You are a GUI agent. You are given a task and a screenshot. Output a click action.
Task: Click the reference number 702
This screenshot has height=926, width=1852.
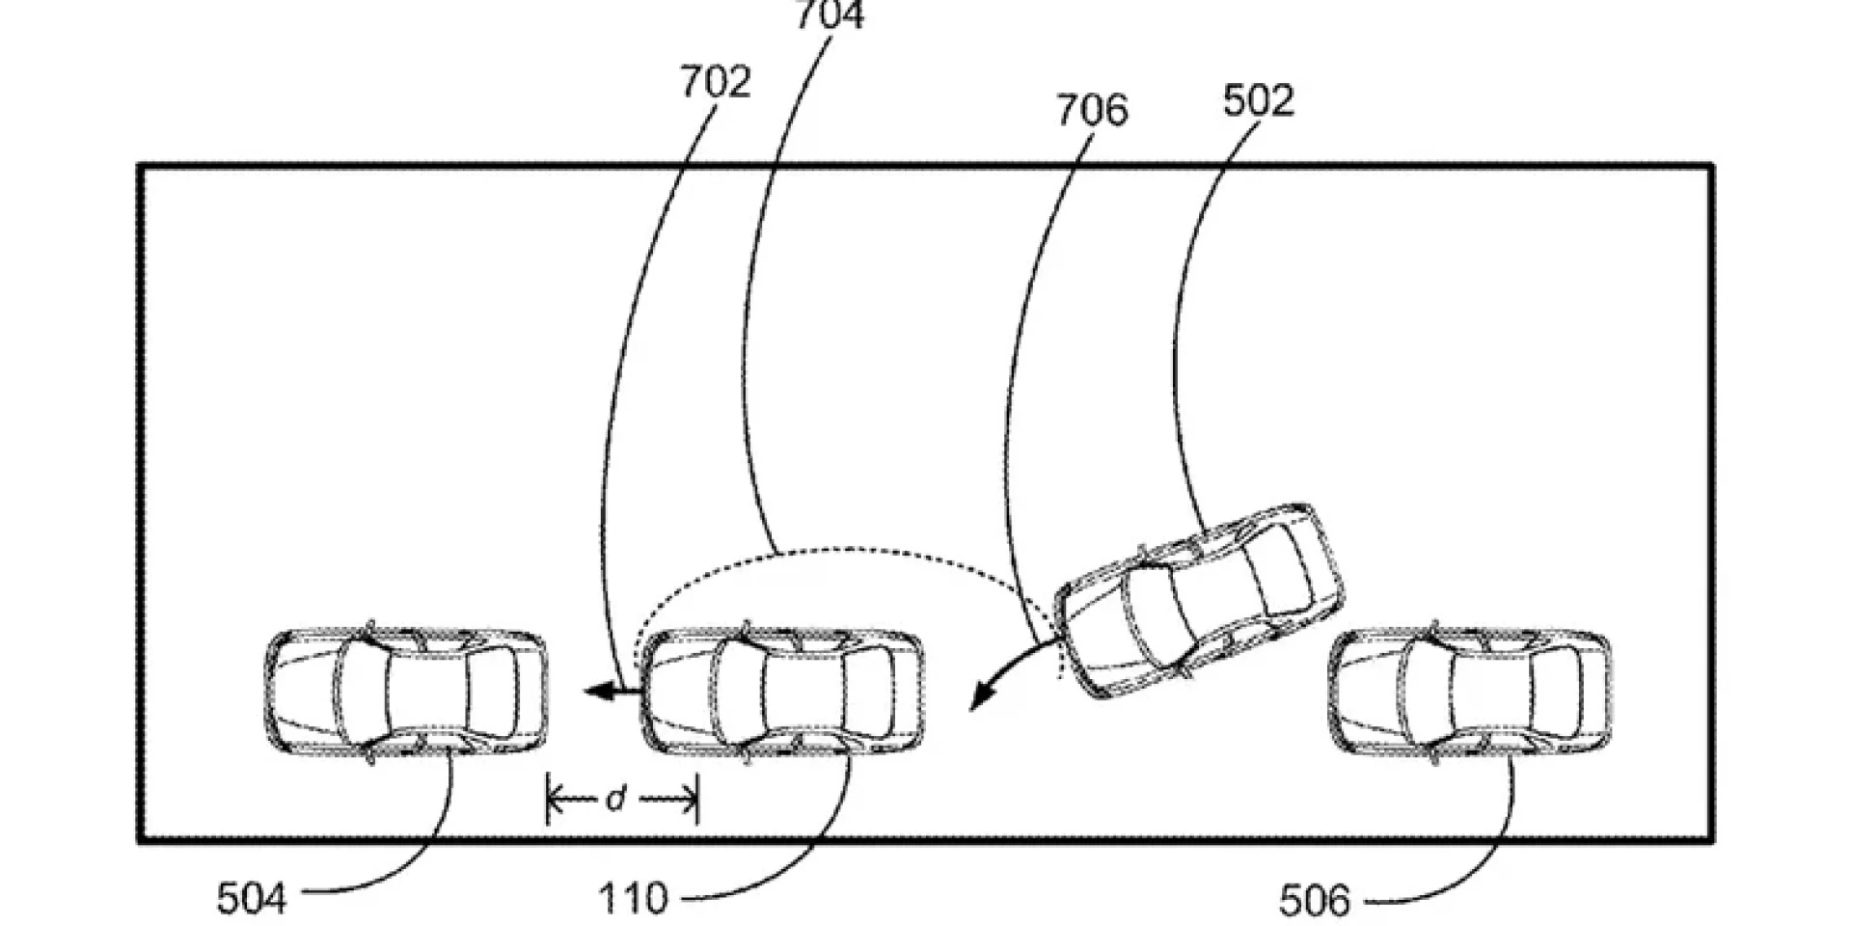click(715, 82)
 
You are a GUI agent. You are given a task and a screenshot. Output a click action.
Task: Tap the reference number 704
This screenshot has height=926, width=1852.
click(829, 14)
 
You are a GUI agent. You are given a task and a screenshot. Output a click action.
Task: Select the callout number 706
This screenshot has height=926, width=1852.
click(1091, 110)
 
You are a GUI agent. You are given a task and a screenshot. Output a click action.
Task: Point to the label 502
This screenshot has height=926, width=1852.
click(1258, 100)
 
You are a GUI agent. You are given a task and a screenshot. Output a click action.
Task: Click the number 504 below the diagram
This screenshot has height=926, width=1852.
click(252, 899)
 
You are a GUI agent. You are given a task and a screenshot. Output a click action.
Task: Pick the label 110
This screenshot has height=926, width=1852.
click(633, 900)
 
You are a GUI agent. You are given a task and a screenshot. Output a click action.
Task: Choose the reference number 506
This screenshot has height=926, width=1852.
click(1315, 901)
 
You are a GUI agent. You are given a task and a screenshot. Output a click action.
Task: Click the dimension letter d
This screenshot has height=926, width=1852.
click(616, 799)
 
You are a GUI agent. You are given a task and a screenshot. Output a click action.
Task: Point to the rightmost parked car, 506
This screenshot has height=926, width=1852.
click(1469, 692)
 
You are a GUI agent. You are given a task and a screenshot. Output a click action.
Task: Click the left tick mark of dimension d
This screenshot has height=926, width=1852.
click(548, 799)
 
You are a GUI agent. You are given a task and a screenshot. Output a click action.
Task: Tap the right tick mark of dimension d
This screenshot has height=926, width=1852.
click(695, 799)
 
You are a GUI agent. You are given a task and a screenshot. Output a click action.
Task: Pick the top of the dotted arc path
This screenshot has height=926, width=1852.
click(849, 550)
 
